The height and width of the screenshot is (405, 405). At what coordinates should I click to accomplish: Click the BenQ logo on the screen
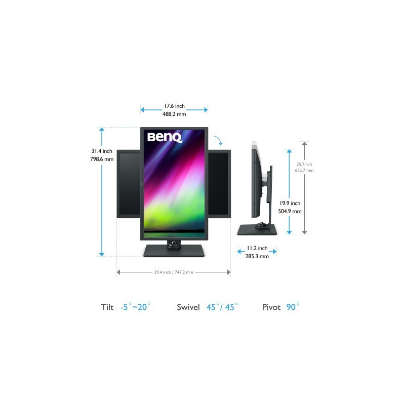coord(165,137)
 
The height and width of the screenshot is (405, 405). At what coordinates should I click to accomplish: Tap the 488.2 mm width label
coord(174,114)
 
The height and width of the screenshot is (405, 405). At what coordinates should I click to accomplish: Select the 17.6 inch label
coord(174,106)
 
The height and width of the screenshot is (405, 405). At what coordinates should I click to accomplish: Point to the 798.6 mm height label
coord(102,159)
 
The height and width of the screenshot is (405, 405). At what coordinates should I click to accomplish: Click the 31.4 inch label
coord(102,151)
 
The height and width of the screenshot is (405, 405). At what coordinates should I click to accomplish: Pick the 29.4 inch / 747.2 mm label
coord(174,272)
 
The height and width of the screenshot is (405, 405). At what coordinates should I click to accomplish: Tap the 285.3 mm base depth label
coord(257,256)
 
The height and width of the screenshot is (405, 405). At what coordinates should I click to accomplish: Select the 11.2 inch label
coord(257,248)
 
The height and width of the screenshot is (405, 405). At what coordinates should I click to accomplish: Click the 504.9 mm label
coord(290,211)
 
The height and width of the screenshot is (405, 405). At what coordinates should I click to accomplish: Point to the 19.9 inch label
coord(290,203)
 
